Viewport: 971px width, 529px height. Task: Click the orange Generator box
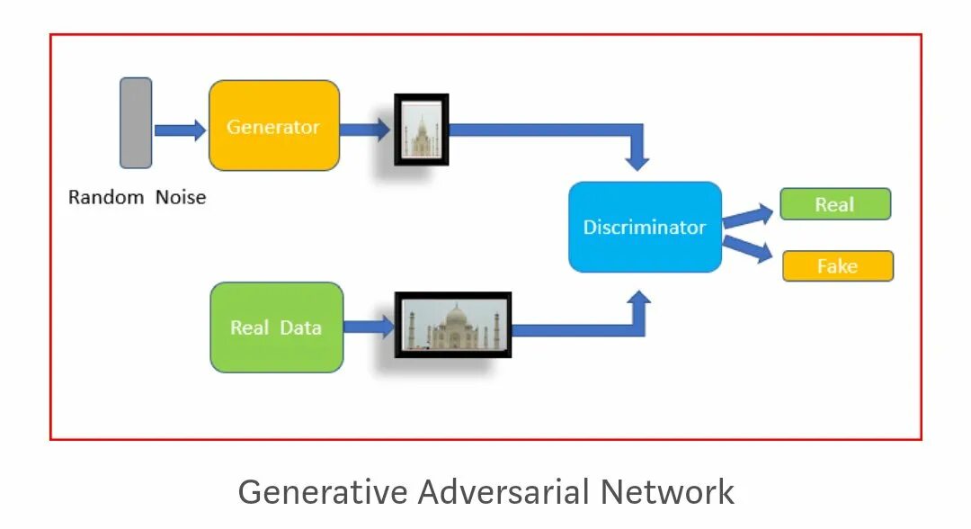[274, 126]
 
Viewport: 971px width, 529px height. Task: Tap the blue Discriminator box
[645, 227]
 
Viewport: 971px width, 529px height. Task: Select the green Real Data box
[276, 327]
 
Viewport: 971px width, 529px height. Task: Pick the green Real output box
[834, 204]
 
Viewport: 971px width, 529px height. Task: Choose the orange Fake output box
[837, 266]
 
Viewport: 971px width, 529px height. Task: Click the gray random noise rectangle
[136, 123]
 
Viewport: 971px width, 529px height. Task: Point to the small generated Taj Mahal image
[421, 130]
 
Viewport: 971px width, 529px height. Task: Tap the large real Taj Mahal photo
[453, 325]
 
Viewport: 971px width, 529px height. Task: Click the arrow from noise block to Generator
[180, 130]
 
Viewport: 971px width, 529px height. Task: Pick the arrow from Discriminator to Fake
[748, 247]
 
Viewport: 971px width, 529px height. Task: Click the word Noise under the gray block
[181, 198]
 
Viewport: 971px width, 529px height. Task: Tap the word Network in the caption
[668, 492]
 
